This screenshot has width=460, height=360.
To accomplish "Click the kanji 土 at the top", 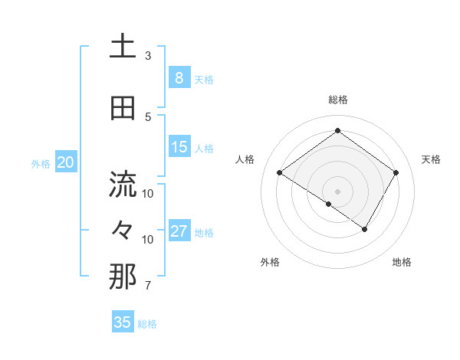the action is [x=123, y=47].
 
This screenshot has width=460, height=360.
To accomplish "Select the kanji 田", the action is [x=123, y=108].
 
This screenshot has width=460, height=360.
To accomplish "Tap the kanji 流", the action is [x=123, y=184].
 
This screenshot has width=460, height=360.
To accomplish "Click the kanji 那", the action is [x=123, y=277].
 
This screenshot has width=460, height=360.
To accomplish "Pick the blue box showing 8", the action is [x=179, y=78].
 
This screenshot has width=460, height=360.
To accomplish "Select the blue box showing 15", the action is [x=179, y=147].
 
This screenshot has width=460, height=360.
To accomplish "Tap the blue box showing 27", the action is [x=179, y=231].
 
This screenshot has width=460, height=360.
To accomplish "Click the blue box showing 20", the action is [x=66, y=162].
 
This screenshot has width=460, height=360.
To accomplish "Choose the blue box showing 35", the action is [x=123, y=322].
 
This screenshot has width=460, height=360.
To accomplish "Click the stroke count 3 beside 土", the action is [x=148, y=56].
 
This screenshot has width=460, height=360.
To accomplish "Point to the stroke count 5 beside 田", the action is [x=148, y=117].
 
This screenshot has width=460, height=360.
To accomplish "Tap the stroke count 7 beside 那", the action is [x=148, y=286].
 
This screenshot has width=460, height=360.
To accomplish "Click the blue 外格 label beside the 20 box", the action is [x=41, y=163].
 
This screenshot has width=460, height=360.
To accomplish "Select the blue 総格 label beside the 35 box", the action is [x=147, y=323].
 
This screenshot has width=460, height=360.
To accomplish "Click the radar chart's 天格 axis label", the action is [x=431, y=159].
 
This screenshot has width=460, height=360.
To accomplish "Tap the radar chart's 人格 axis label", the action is [x=245, y=159].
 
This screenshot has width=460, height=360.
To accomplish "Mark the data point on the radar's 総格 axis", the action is [x=337, y=130].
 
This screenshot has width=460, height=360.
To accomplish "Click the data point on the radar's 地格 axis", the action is [x=365, y=229].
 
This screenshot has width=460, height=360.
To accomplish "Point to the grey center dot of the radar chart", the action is [x=337, y=191].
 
